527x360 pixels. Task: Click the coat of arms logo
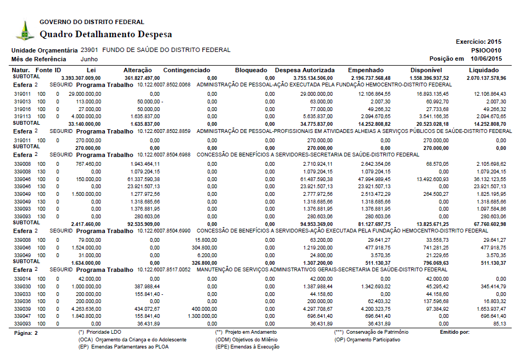24,31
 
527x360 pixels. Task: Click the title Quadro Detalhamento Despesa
106,34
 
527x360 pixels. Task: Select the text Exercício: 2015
478,42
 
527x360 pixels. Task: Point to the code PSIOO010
486,50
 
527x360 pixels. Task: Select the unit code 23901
89,50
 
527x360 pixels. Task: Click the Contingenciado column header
186,70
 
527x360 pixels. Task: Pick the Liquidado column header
483,70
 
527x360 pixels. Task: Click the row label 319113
22,116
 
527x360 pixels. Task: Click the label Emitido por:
455,332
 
